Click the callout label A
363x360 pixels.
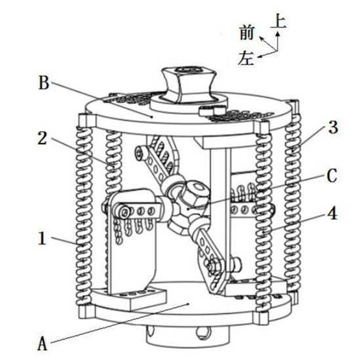(x=42, y=344)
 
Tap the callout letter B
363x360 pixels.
(x=44, y=83)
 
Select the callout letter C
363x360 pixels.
(x=332, y=176)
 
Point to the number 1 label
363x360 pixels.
(x=42, y=238)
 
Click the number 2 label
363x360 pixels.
(x=43, y=138)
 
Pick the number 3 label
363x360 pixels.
(x=333, y=127)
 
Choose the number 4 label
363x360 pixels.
(x=332, y=213)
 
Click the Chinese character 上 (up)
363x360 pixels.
(x=278, y=20)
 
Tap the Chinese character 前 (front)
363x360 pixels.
(x=247, y=33)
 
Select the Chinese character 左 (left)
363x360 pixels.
(x=246, y=58)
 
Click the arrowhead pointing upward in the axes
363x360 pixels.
(x=278, y=34)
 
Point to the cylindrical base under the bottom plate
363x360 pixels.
(x=188, y=334)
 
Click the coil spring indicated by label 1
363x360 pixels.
(x=84, y=216)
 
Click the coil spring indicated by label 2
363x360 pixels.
(x=113, y=162)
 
